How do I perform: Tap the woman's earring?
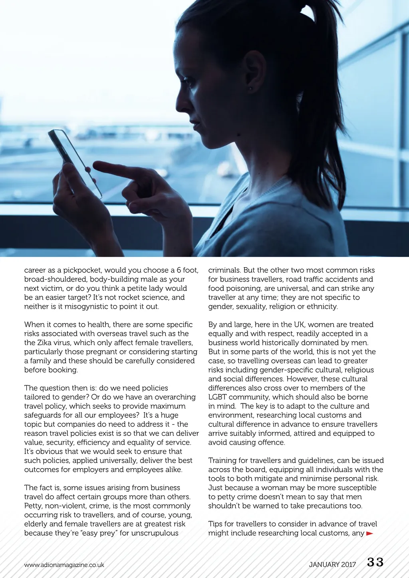click(x=250, y=88)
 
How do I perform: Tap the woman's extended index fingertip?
click(x=96, y=165)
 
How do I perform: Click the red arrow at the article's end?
click(x=369, y=533)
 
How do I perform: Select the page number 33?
click(x=375, y=562)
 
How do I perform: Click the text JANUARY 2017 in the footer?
click(x=332, y=564)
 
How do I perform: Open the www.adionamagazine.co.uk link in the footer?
click(x=64, y=565)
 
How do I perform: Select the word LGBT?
click(x=218, y=397)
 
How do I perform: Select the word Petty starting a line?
click(x=33, y=506)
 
